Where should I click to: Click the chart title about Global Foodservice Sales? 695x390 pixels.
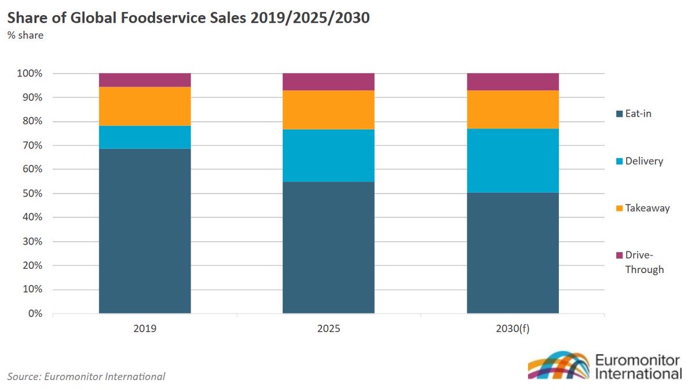pos(188,17)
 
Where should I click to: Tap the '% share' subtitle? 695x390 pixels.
pos(25,35)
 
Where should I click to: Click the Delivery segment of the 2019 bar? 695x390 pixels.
pos(145,137)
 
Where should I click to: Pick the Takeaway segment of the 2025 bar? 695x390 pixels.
pos(328,110)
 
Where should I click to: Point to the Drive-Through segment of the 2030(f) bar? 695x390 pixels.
pos(513,82)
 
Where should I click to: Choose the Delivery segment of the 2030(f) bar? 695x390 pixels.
pos(513,161)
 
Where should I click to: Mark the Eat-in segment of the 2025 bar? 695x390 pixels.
pos(328,247)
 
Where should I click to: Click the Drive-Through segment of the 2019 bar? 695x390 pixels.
pos(145,80)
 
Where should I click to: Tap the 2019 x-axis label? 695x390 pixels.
pos(145,329)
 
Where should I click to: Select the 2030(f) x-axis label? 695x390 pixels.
pos(513,329)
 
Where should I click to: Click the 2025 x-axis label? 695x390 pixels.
pos(328,329)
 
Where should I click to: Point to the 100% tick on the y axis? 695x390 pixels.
pos(30,74)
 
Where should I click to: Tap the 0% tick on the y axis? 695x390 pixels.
pos(35,314)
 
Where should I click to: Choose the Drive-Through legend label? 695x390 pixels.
pos(644,263)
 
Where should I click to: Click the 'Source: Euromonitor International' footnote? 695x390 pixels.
pos(86,377)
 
